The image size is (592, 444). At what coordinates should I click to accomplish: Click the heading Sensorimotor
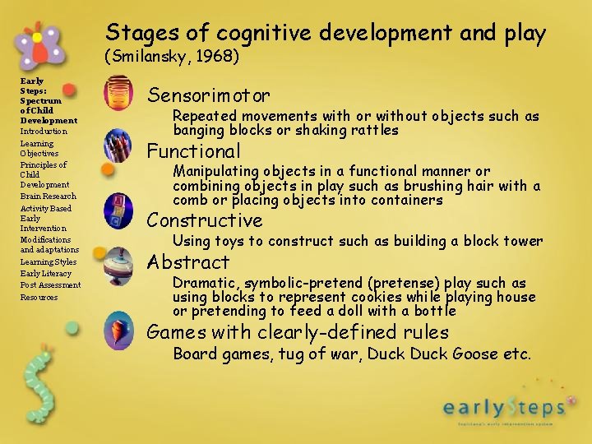(208, 95)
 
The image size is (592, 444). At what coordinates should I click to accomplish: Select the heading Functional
(193, 151)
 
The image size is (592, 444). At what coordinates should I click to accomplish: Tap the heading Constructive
(204, 220)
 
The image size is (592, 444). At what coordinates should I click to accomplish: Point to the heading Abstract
(187, 262)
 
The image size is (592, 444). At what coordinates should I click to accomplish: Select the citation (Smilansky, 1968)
(171, 57)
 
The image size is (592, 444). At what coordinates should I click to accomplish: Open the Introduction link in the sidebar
(44, 132)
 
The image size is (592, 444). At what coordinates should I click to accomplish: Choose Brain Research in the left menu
(48, 197)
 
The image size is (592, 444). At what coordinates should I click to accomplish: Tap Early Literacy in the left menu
(46, 274)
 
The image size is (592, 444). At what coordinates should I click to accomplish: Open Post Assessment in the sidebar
(50, 285)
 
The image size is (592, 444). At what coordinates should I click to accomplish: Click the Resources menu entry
(39, 297)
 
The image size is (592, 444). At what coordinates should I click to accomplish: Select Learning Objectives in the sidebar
(39, 149)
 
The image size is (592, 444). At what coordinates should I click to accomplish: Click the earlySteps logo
(503, 408)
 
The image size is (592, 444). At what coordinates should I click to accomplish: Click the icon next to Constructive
(118, 210)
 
